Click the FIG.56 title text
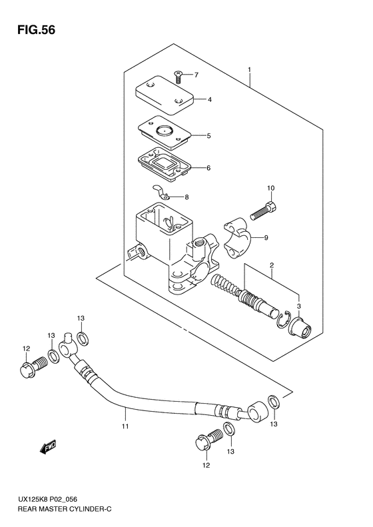36,30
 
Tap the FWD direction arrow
48,447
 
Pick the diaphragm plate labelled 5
165,133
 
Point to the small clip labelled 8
161,193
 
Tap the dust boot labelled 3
300,326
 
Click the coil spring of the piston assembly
224,280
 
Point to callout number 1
249,69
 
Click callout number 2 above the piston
272,266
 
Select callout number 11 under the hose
125,426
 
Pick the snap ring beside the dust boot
282,319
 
